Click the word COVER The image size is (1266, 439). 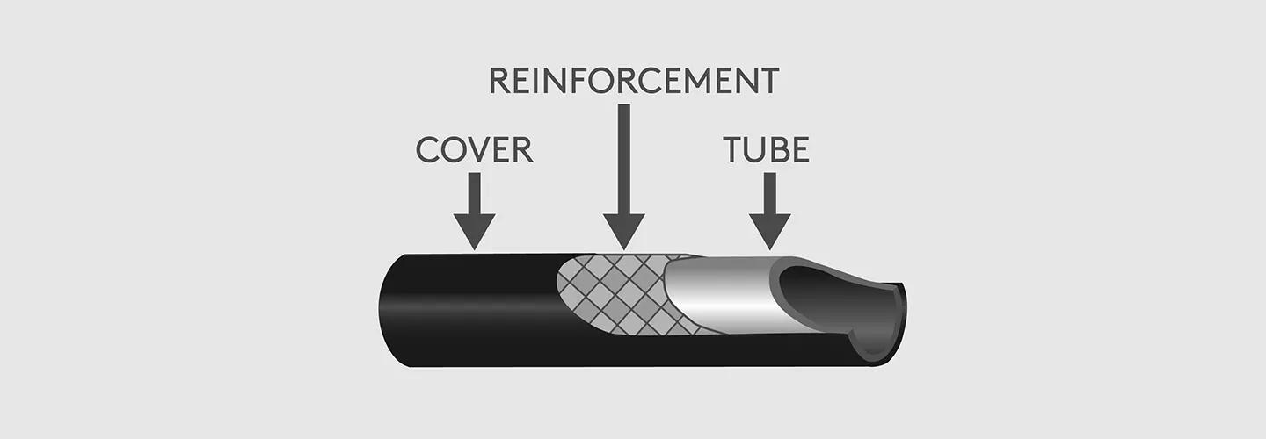pos(474,150)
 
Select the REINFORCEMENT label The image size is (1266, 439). pos(633,81)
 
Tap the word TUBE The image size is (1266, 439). pos(766,150)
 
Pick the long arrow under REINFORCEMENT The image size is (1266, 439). pos(624,176)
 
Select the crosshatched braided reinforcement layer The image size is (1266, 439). pos(615,294)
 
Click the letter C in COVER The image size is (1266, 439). pos(428,150)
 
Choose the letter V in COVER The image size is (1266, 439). pos(478,150)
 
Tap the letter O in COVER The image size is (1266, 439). pos(454,150)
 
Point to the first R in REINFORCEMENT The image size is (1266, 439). pos(500,81)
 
